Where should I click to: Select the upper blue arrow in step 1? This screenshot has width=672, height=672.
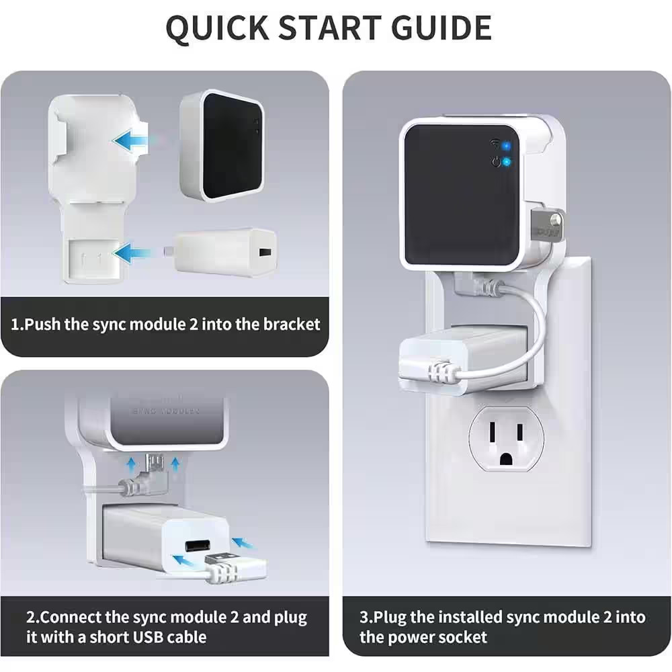coord(131,140)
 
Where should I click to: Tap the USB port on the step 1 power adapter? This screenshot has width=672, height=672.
coord(263,254)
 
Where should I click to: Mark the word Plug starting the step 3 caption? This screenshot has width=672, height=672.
coord(389,616)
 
